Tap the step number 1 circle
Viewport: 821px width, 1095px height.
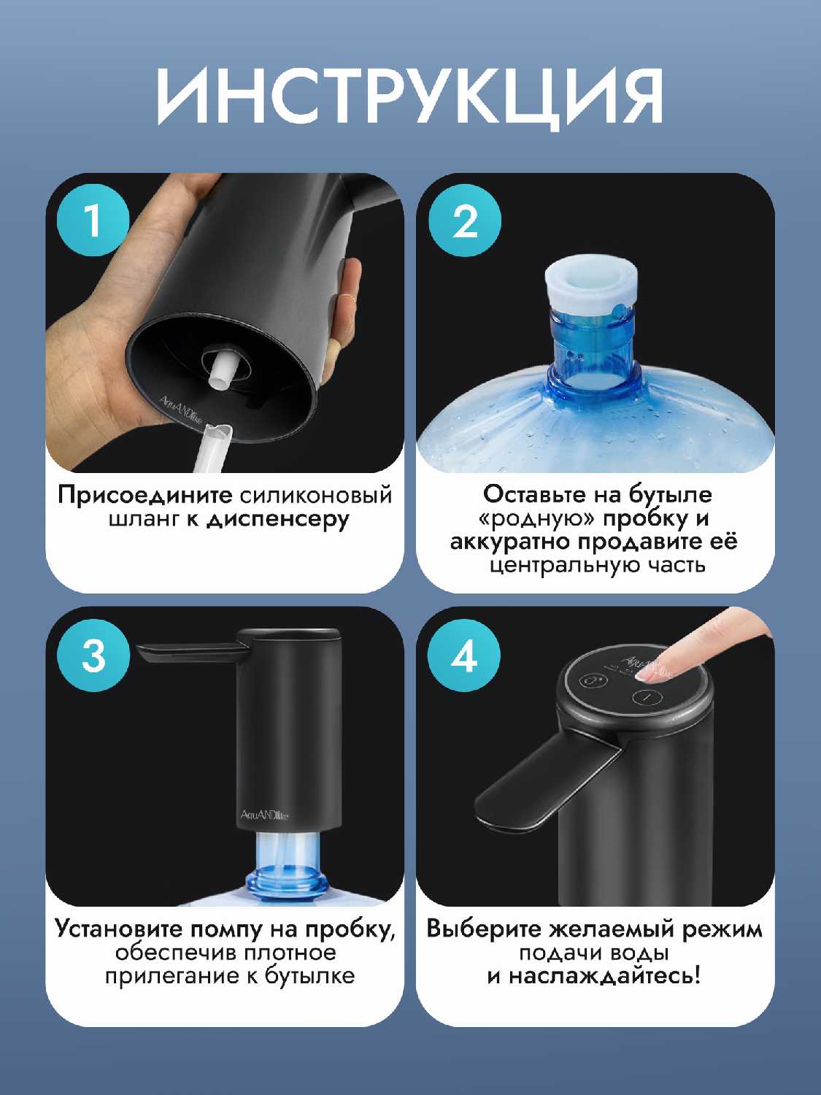(x=93, y=220)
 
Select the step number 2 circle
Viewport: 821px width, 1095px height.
(x=465, y=220)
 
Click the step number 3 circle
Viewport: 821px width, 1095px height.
(x=93, y=655)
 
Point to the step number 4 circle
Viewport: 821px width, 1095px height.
(x=465, y=655)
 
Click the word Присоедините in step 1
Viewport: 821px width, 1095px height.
(x=145, y=496)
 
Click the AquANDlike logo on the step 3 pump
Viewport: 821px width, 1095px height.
(x=264, y=815)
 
